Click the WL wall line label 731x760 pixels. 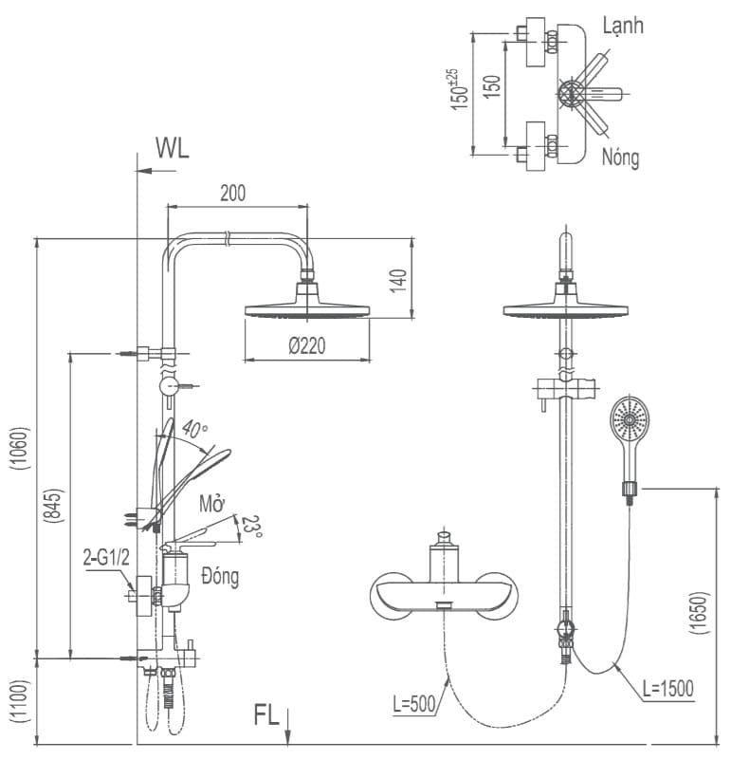coord(172,147)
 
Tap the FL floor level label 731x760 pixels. coord(266,714)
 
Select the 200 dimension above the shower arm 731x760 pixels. coord(233,193)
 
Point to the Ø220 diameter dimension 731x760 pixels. coord(306,346)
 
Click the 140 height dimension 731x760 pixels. coord(398,281)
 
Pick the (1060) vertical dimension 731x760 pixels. coord(20,449)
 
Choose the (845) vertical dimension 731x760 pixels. coord(53,506)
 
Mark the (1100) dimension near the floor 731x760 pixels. coord(20,701)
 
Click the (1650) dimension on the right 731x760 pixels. coord(699,612)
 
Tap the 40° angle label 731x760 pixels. coord(195,430)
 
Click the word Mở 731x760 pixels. coord(212,504)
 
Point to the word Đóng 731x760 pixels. coord(220,576)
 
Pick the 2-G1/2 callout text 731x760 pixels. coord(106,558)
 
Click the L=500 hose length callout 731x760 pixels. coord(414,704)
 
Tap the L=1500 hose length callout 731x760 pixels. coord(668,688)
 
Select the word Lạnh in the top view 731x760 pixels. coord(623,26)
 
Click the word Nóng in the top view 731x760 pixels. coord(621,158)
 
